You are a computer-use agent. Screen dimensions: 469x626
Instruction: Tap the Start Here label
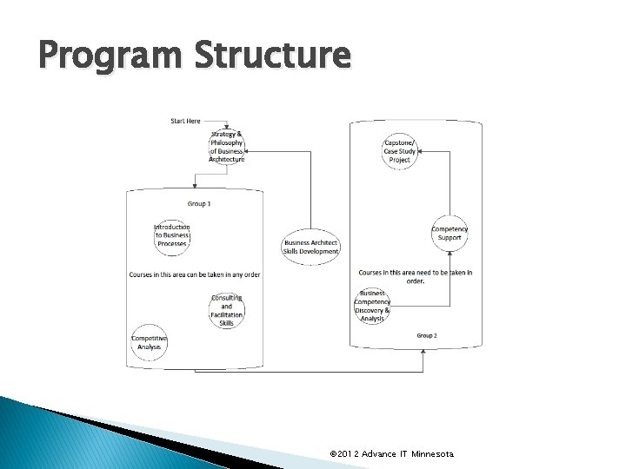(185, 121)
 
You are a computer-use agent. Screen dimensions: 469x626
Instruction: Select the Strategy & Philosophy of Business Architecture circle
(227, 147)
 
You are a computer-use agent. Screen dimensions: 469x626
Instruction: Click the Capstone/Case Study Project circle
(400, 151)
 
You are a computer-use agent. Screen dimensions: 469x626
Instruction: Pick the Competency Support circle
(450, 233)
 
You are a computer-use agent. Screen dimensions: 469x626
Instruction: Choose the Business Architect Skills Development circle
(310, 247)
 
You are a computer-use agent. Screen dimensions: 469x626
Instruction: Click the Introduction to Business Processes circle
(171, 235)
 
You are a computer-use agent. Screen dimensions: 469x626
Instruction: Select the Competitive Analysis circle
(149, 342)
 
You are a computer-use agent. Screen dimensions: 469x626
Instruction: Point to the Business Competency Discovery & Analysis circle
(373, 306)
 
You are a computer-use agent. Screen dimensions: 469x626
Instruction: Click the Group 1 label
(199, 203)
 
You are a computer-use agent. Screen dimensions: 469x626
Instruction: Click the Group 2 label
(426, 335)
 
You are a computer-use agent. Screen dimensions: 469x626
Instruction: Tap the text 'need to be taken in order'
(416, 276)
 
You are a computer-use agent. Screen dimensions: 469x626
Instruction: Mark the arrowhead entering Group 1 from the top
(195, 186)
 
